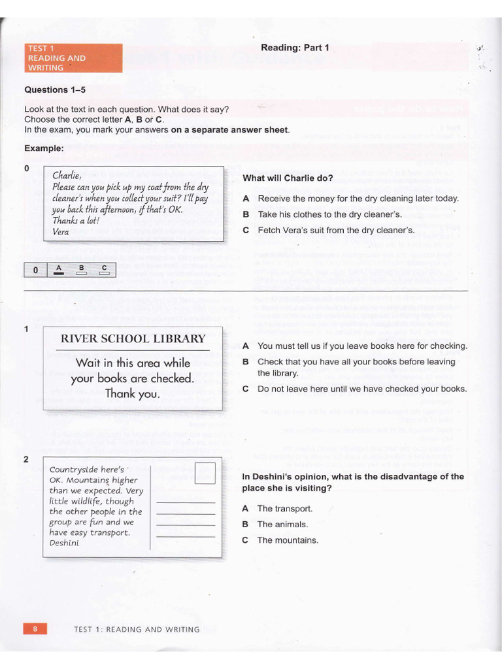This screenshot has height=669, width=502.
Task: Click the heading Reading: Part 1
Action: click(295, 47)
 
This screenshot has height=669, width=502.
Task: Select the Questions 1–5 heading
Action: click(55, 90)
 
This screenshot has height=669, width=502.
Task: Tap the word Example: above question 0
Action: click(44, 148)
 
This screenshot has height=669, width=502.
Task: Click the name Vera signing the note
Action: click(61, 231)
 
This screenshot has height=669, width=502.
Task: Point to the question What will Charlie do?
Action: click(288, 178)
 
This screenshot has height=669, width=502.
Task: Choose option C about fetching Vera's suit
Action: click(336, 230)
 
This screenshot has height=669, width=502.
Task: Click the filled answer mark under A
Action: click(59, 274)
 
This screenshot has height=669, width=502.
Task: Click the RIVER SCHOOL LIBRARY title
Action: click(133, 338)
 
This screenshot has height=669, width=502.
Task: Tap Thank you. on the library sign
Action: click(132, 393)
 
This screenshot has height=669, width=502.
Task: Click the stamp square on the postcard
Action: click(205, 472)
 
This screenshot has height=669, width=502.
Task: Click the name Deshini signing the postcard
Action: click(63, 542)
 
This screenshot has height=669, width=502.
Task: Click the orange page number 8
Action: click(35, 628)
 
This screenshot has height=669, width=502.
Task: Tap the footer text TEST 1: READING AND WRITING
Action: click(137, 629)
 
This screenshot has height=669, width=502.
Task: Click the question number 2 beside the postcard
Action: click(26, 459)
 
